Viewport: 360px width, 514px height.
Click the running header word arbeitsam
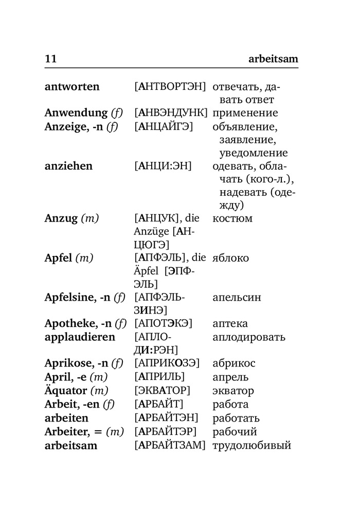[x=269, y=60]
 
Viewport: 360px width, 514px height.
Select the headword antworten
[x=72, y=86]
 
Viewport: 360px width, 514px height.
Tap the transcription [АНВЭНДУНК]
[x=170, y=113]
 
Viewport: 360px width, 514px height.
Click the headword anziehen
[x=68, y=166]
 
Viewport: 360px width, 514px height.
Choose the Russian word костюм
[x=232, y=218]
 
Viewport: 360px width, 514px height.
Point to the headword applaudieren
[x=80, y=337]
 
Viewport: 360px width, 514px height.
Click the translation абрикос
[x=234, y=363]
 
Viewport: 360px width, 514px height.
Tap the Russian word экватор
[x=233, y=391]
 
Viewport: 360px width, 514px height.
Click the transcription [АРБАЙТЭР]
[x=166, y=432]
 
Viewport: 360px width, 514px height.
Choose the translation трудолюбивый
[x=251, y=445]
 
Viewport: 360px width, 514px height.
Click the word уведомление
[x=253, y=153]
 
